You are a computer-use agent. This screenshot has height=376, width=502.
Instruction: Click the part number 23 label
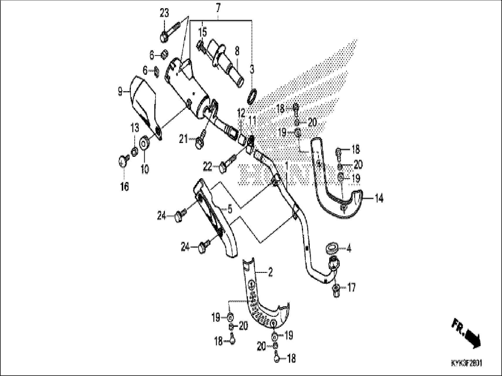tap(164, 13)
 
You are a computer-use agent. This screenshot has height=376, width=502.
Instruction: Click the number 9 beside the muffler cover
tap(120, 92)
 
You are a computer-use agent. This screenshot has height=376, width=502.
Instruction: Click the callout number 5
tap(230, 209)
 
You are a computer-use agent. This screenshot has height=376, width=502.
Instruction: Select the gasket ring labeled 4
tap(332, 247)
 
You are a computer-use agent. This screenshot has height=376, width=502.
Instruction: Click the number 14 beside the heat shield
tap(379, 199)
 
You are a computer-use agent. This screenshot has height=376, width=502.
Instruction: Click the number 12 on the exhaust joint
tap(241, 112)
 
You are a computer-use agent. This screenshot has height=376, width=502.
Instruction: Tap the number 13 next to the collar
tap(134, 128)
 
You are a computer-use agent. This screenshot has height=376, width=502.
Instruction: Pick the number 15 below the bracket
tap(203, 32)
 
